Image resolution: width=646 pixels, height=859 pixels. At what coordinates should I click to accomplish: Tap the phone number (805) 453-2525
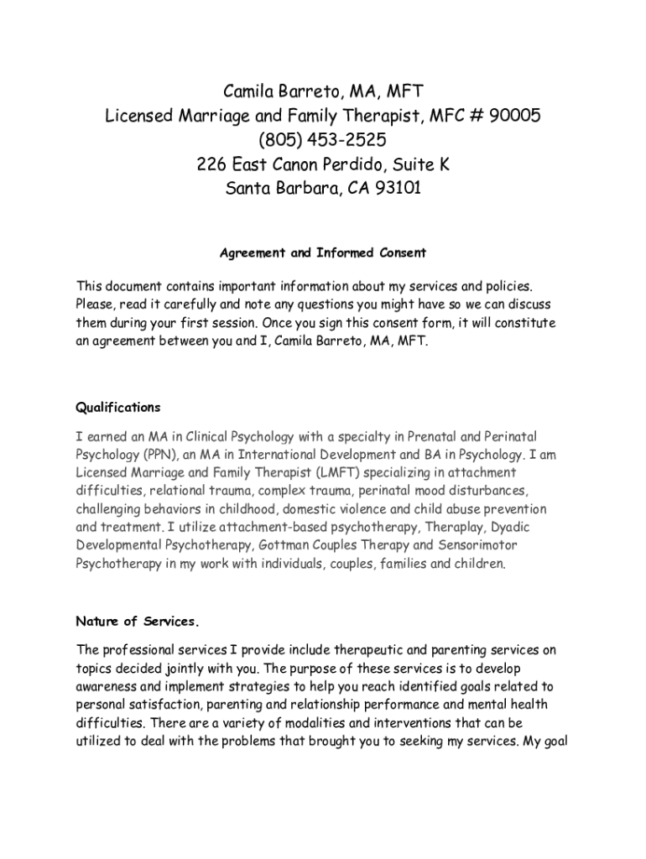click(x=323, y=139)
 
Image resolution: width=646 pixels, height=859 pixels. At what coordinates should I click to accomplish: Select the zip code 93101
click(x=393, y=188)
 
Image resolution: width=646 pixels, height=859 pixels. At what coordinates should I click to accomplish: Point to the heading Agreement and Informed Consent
click(x=323, y=252)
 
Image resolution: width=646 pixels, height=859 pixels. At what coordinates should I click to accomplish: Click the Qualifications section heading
click(x=118, y=408)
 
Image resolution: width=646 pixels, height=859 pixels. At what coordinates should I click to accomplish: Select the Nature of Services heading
click(x=138, y=622)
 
